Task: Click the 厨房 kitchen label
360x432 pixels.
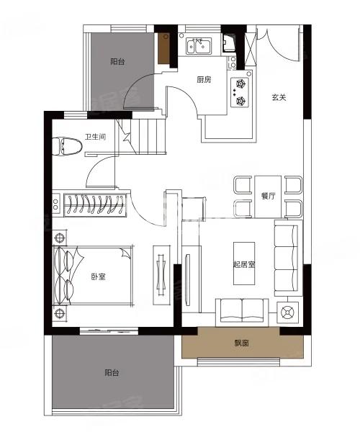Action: click(x=204, y=80)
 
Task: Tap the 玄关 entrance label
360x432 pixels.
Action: click(x=279, y=97)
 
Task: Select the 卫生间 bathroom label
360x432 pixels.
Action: click(x=95, y=137)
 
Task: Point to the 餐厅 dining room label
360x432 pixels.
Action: click(x=268, y=196)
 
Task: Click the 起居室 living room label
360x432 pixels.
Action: click(x=244, y=264)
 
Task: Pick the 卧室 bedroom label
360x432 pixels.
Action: click(x=99, y=276)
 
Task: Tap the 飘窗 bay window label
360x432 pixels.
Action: click(x=242, y=343)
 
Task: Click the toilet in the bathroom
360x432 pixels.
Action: click(x=67, y=147)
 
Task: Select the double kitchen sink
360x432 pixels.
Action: click(x=199, y=47)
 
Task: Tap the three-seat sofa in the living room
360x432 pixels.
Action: click(x=287, y=258)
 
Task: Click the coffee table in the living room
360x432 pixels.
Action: click(x=244, y=264)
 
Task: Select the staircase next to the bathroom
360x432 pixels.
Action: click(x=142, y=136)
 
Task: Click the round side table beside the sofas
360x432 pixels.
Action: click(x=287, y=312)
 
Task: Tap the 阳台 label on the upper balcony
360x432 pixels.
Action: click(x=117, y=61)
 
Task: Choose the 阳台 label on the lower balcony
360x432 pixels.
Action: click(x=112, y=373)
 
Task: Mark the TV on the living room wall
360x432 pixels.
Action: click(x=188, y=280)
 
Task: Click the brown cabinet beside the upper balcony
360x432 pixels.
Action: click(x=163, y=48)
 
